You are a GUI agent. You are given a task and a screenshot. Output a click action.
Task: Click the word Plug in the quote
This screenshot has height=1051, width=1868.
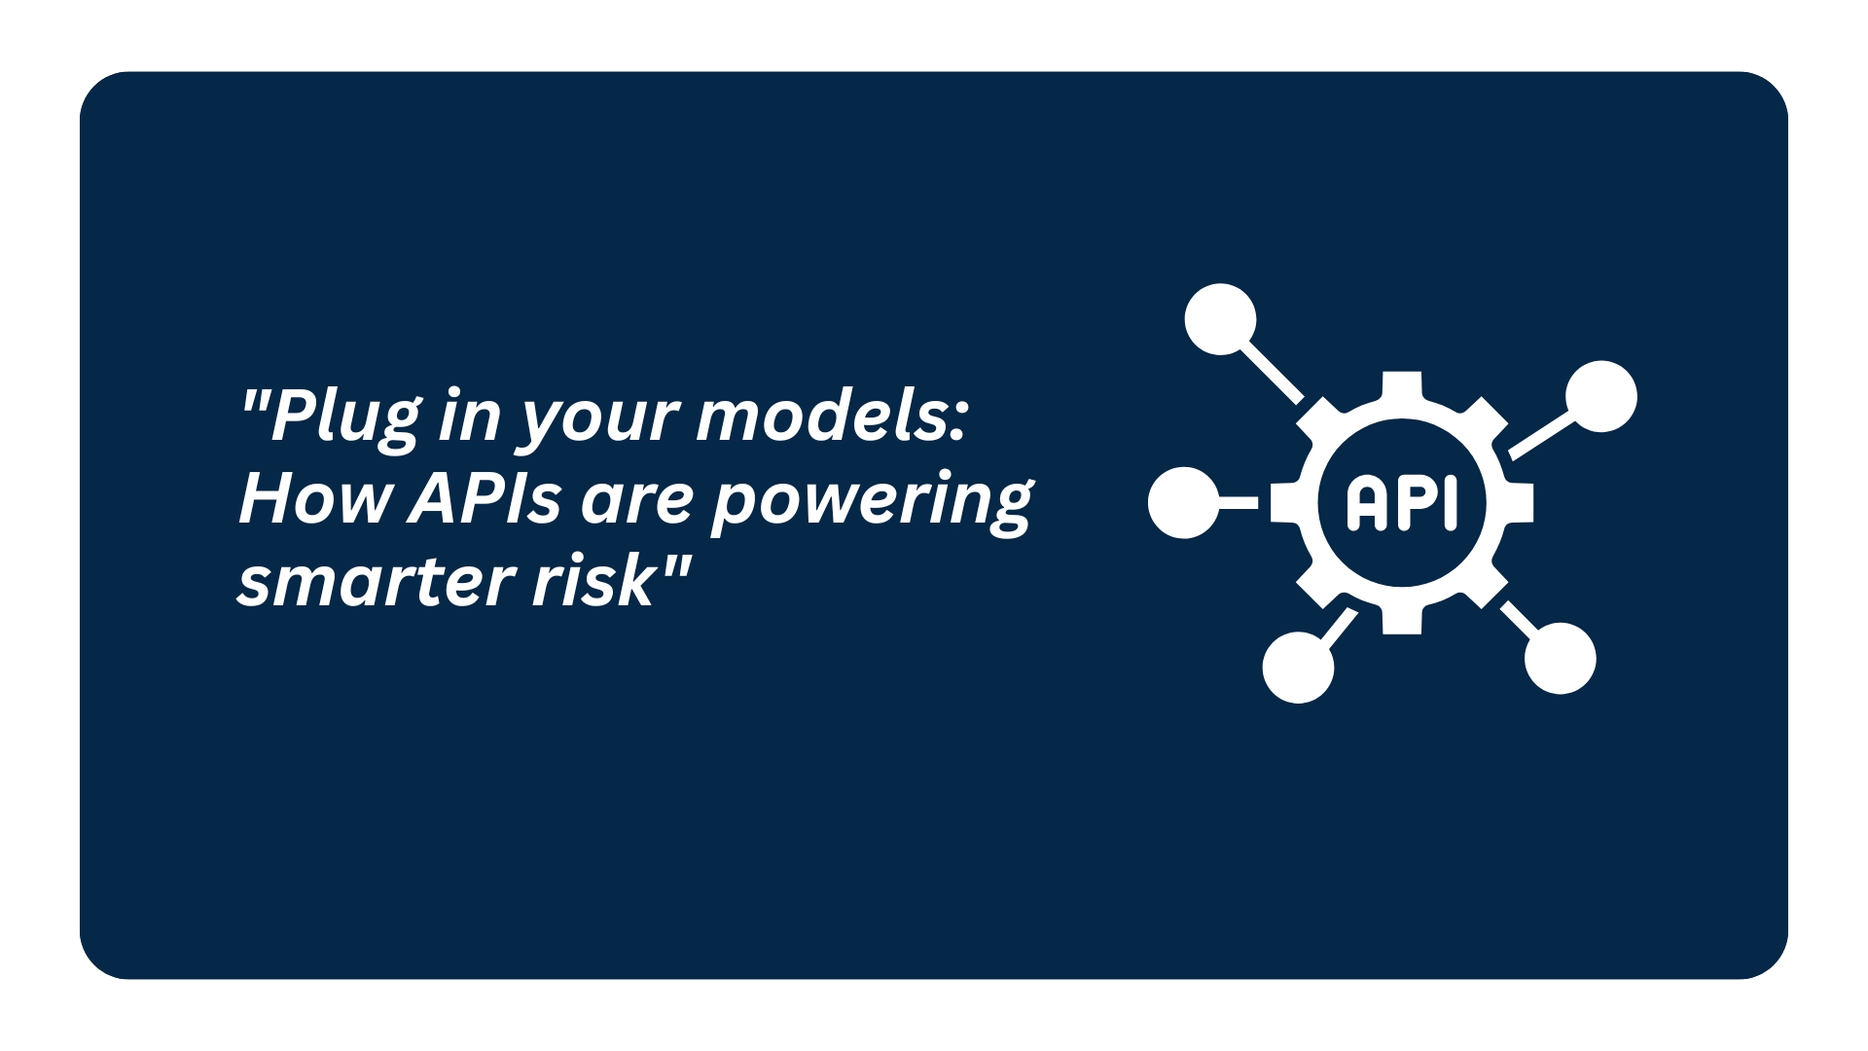[345, 417]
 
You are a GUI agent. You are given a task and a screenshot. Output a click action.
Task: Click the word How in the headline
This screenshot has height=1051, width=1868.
[315, 499]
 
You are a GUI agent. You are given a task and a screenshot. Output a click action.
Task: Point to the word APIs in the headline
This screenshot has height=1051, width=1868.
[485, 499]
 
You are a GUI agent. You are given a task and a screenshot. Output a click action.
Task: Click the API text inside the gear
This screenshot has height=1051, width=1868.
[1402, 502]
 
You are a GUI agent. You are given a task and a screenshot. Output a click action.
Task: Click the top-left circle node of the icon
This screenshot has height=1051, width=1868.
[1220, 319]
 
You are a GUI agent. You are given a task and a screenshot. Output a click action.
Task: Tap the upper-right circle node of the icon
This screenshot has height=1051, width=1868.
[1601, 397]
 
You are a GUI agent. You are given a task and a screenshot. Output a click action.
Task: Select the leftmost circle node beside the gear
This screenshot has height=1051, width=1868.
[1183, 503]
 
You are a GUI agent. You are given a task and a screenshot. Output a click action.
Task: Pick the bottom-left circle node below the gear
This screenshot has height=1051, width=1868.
[1298, 668]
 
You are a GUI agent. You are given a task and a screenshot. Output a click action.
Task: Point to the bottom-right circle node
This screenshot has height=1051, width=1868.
[1561, 659]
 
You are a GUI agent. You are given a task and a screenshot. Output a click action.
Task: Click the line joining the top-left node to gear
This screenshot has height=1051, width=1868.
[1272, 373]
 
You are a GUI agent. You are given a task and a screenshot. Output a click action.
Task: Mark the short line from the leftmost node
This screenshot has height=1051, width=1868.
[1238, 503]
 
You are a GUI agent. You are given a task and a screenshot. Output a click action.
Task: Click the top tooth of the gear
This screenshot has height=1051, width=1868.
[1402, 385]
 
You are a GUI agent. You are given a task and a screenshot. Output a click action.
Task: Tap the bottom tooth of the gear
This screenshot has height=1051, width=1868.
[1402, 620]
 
